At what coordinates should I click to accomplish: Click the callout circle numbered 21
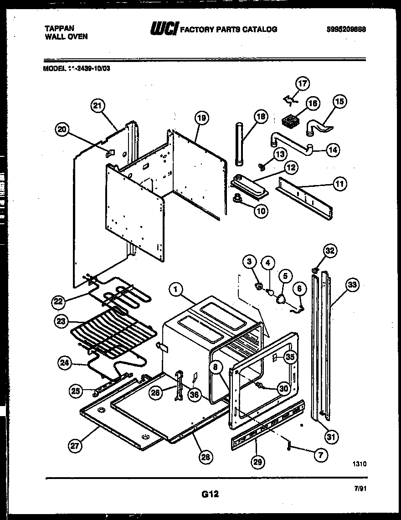tap(97, 106)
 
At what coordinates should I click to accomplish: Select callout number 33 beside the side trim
tap(352, 286)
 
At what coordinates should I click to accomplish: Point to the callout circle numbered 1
tap(175, 288)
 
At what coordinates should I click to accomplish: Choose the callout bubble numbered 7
tap(321, 454)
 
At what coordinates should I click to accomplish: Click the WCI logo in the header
tap(164, 29)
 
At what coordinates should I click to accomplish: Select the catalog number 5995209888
tap(346, 29)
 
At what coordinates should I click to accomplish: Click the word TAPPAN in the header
tap(57, 28)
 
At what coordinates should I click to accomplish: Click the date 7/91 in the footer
tap(360, 488)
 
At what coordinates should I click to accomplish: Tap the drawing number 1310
tap(359, 464)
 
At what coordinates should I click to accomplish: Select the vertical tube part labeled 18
tap(240, 144)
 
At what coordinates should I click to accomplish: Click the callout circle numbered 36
tap(195, 395)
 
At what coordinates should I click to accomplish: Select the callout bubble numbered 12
tap(290, 168)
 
